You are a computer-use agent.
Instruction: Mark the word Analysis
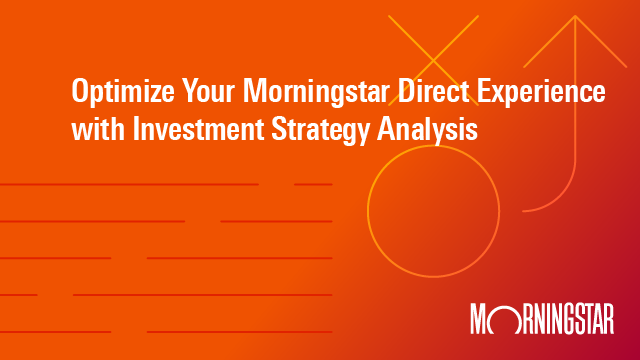pyautogui.click(x=428, y=128)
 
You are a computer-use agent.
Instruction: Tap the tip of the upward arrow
pyautogui.click(x=575, y=18)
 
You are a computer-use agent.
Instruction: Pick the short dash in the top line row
pyautogui.click(x=313, y=184)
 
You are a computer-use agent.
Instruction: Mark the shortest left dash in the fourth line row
pyautogui.click(x=19, y=295)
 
